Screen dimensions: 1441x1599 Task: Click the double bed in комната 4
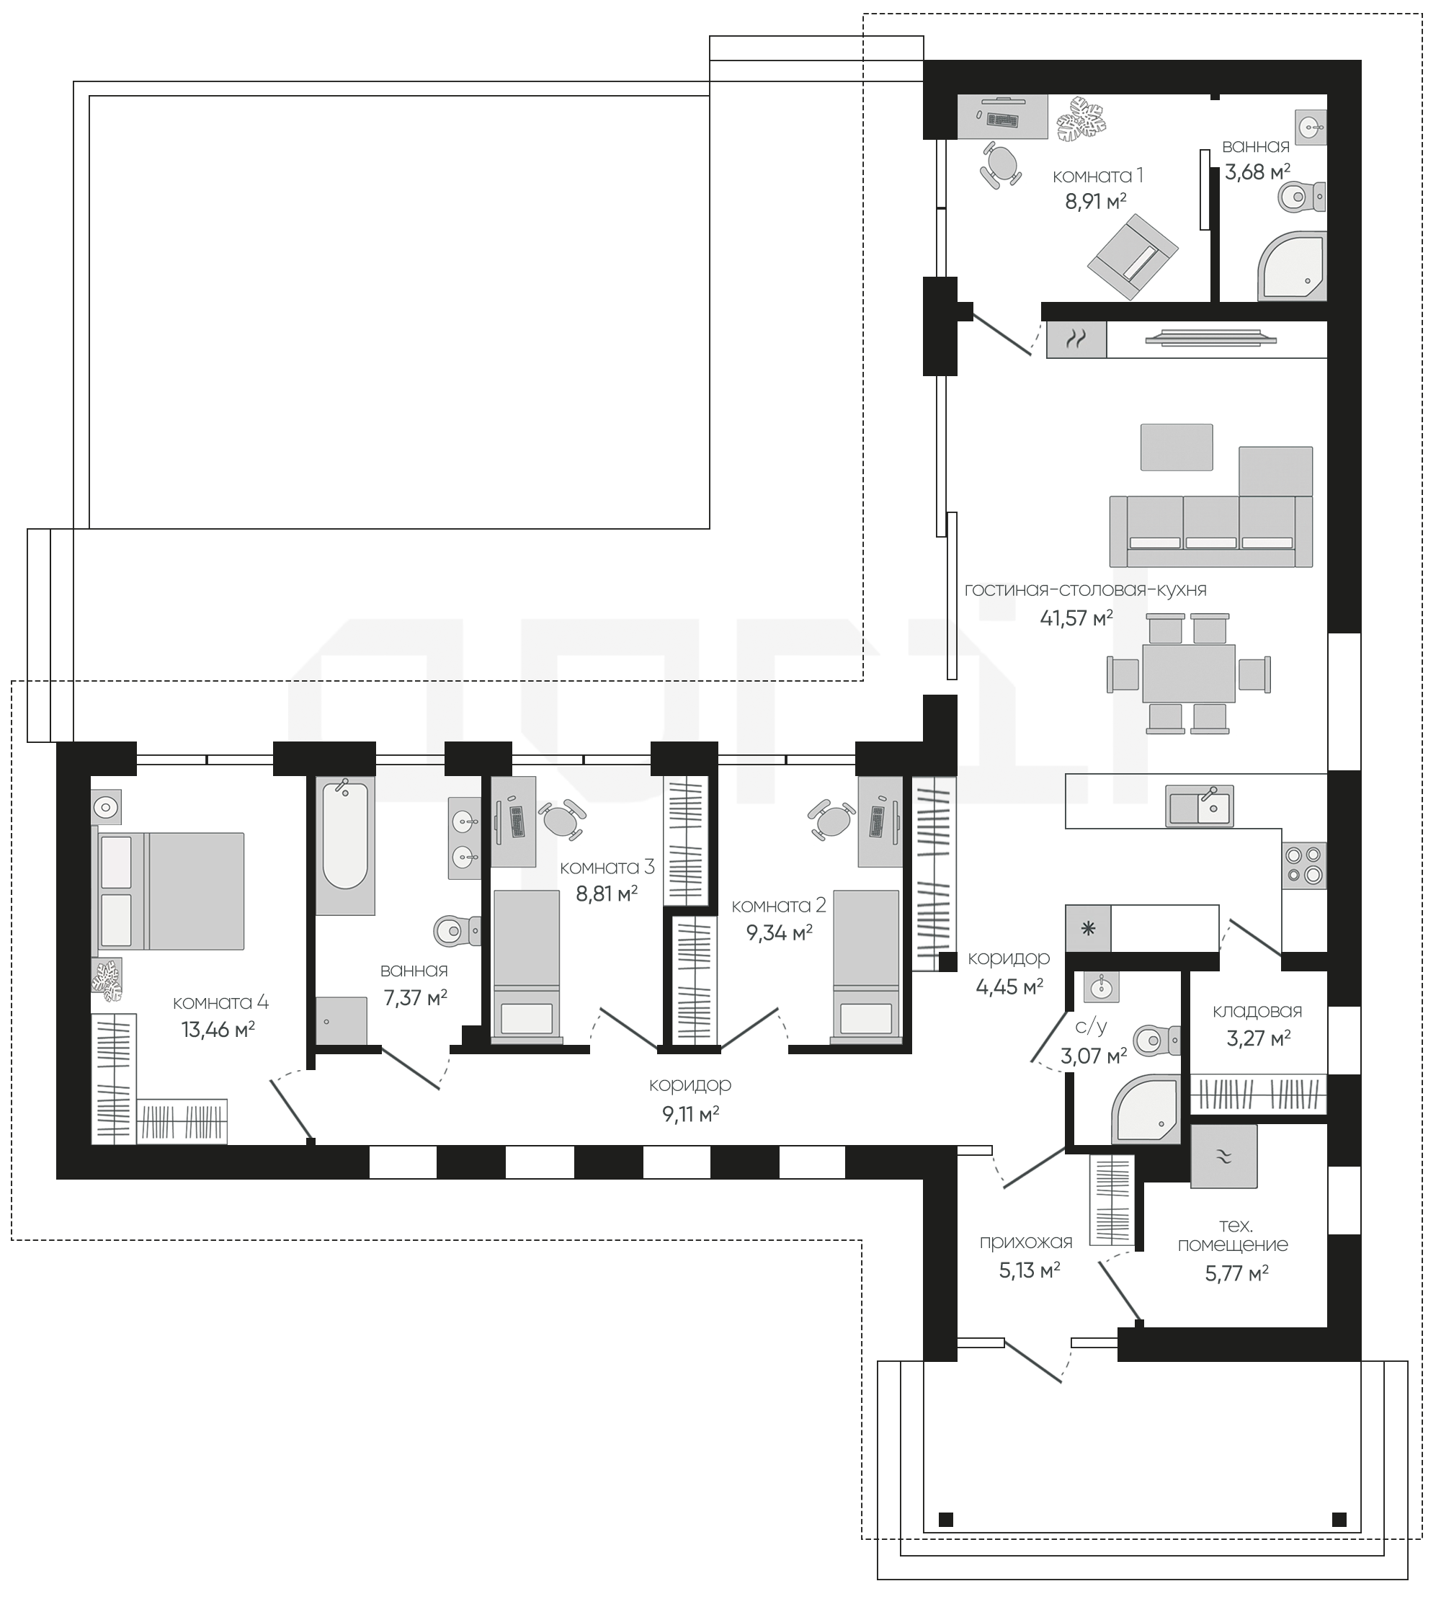click(168, 891)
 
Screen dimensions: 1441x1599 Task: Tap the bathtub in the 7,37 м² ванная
click(345, 846)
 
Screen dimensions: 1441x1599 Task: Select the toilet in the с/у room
click(1156, 1038)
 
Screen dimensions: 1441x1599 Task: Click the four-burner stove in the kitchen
click(1304, 865)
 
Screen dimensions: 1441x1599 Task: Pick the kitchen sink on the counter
click(1199, 806)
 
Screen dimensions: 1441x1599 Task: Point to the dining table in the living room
click(1188, 673)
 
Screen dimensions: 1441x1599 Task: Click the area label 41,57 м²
click(1076, 618)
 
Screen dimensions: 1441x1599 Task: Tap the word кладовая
click(1257, 1011)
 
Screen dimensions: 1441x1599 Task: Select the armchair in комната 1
click(1132, 256)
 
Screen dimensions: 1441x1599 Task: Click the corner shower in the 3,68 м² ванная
click(1292, 266)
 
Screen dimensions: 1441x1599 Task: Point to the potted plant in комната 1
click(1081, 119)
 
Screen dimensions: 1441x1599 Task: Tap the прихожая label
click(1025, 1242)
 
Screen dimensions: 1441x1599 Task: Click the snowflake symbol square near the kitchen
click(1088, 928)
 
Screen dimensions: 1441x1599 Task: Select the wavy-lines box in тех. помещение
click(1224, 1157)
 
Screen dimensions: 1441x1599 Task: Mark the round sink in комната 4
click(106, 808)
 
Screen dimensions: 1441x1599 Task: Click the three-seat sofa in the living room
click(1210, 531)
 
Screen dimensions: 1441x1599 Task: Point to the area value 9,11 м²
click(690, 1114)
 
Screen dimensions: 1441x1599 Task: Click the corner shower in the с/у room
click(1145, 1110)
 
